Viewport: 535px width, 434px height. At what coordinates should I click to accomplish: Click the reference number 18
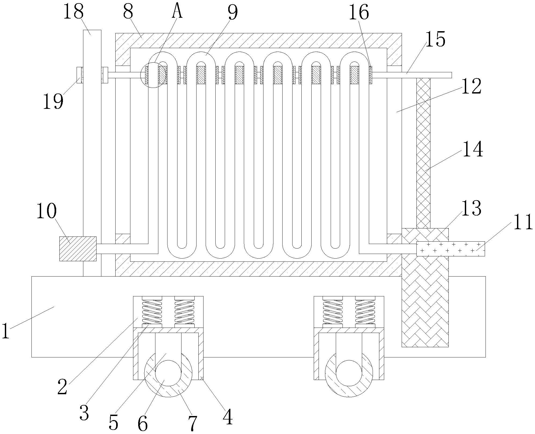(x=73, y=12)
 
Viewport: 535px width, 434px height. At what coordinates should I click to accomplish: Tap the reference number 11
(x=523, y=222)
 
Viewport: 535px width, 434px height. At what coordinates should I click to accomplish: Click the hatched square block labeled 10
(x=78, y=249)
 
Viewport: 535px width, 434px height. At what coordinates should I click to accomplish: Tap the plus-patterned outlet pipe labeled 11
(x=451, y=249)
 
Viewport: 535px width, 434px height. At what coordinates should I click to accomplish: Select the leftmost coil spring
(x=152, y=312)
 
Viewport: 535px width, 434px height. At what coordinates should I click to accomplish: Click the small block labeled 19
(x=80, y=75)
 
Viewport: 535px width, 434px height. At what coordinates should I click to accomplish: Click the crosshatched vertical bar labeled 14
(x=423, y=153)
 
